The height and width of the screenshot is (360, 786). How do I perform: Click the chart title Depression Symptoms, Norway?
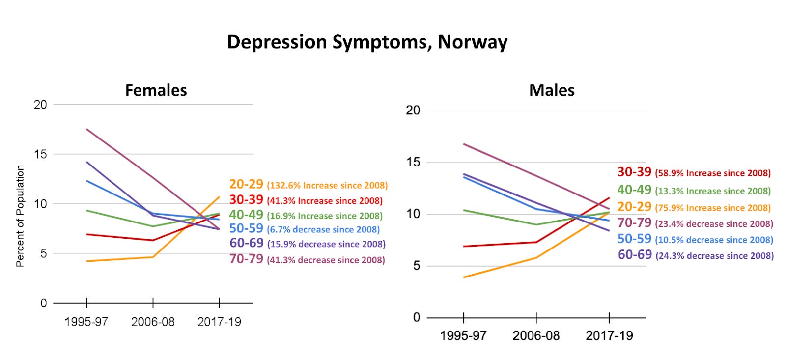click(367, 42)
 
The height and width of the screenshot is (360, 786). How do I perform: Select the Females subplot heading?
click(156, 90)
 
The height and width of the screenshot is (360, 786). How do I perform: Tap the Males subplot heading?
click(552, 90)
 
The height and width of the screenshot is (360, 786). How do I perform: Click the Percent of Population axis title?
click(20, 216)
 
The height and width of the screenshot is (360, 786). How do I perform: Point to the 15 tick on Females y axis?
click(40, 154)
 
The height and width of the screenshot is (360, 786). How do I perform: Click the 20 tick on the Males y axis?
click(413, 111)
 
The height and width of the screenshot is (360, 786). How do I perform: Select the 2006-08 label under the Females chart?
click(153, 322)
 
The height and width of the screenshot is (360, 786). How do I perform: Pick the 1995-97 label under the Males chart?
click(463, 335)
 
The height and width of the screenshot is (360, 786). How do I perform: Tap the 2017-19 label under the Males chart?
click(609, 335)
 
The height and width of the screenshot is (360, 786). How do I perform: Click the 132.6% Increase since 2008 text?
click(327, 186)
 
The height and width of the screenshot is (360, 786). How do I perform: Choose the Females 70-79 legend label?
click(246, 259)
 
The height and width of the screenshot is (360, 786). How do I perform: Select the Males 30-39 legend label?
click(634, 172)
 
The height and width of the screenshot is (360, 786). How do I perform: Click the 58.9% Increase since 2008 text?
click(712, 173)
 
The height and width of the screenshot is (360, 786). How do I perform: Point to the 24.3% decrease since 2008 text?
click(714, 256)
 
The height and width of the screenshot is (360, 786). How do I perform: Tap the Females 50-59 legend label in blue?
click(246, 228)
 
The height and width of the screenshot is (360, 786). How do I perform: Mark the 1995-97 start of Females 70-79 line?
click(87, 129)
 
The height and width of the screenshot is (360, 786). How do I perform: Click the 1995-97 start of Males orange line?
click(464, 277)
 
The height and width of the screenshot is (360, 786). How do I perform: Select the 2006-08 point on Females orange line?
click(153, 257)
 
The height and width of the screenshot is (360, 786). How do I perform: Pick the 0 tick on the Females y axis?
click(43, 303)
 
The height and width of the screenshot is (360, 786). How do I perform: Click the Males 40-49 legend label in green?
click(634, 190)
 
